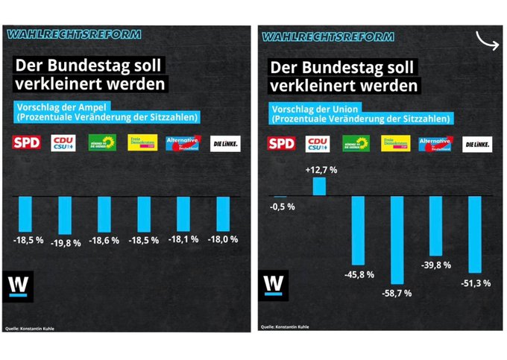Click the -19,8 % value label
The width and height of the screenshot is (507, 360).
tap(66, 243)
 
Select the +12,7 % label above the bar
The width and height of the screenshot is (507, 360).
tap(320, 170)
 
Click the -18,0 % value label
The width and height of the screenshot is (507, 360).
tap(223, 239)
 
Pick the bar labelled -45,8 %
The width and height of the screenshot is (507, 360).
tap(358, 230)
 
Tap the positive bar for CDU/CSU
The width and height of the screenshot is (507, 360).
tap(320, 186)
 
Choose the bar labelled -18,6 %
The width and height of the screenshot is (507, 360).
tap(105, 214)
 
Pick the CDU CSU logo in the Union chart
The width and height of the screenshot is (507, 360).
tap(318, 144)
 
